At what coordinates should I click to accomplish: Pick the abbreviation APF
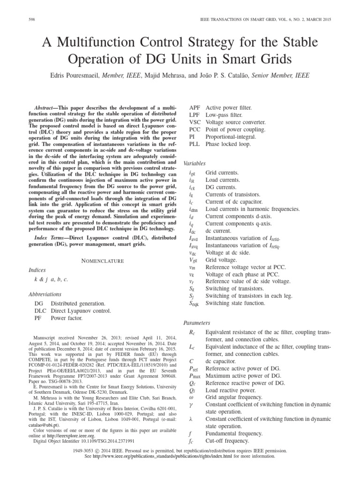pyautogui.click(x=195, y=107)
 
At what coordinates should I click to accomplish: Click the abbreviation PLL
pyautogui.click(x=195, y=144)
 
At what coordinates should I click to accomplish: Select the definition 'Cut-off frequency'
pyautogui.click(x=230, y=441)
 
